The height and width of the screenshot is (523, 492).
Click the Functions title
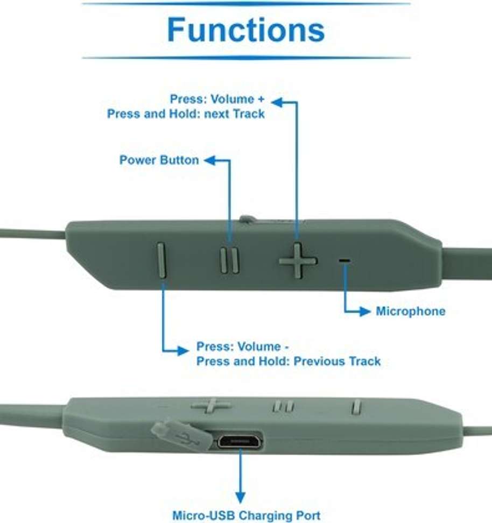point(245,30)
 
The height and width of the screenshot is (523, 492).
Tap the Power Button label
point(159,160)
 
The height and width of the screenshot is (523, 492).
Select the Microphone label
point(411,311)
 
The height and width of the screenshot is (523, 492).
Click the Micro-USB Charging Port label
point(247,515)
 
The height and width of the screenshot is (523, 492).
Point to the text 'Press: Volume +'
point(217,99)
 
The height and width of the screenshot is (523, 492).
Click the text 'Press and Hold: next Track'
point(186,114)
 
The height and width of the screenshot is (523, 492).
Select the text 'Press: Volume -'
point(242,347)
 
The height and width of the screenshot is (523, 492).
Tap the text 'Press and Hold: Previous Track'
point(289,361)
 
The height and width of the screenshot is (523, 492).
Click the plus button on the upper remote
point(298,260)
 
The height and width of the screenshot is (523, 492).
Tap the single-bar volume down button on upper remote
point(161,260)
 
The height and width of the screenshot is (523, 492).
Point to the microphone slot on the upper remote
point(345,260)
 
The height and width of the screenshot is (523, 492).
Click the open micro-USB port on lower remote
point(240,441)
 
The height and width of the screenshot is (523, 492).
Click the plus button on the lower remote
point(210,405)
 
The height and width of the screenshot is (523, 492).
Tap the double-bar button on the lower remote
point(283,406)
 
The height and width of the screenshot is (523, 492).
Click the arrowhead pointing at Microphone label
point(364,312)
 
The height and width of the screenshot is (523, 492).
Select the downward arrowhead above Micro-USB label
point(240,497)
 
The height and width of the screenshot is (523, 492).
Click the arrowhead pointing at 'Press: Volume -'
point(182,351)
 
